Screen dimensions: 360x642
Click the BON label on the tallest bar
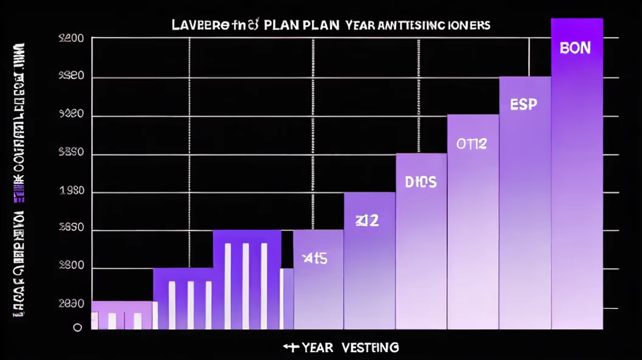point(575,48)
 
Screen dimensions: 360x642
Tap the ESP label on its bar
point(523,105)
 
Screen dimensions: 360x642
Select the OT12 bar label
point(472,144)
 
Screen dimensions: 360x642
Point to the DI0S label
point(421,182)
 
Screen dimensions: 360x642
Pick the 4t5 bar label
point(315,258)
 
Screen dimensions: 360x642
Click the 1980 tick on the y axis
point(72,192)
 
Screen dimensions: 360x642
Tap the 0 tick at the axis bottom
point(77,327)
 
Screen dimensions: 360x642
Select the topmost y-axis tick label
point(71,40)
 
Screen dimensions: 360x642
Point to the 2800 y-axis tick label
point(71,268)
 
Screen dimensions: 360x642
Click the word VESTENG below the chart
point(370,347)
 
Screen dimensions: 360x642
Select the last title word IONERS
point(469,26)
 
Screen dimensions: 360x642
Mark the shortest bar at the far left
point(122,314)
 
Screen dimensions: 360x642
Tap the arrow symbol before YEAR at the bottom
point(291,347)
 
